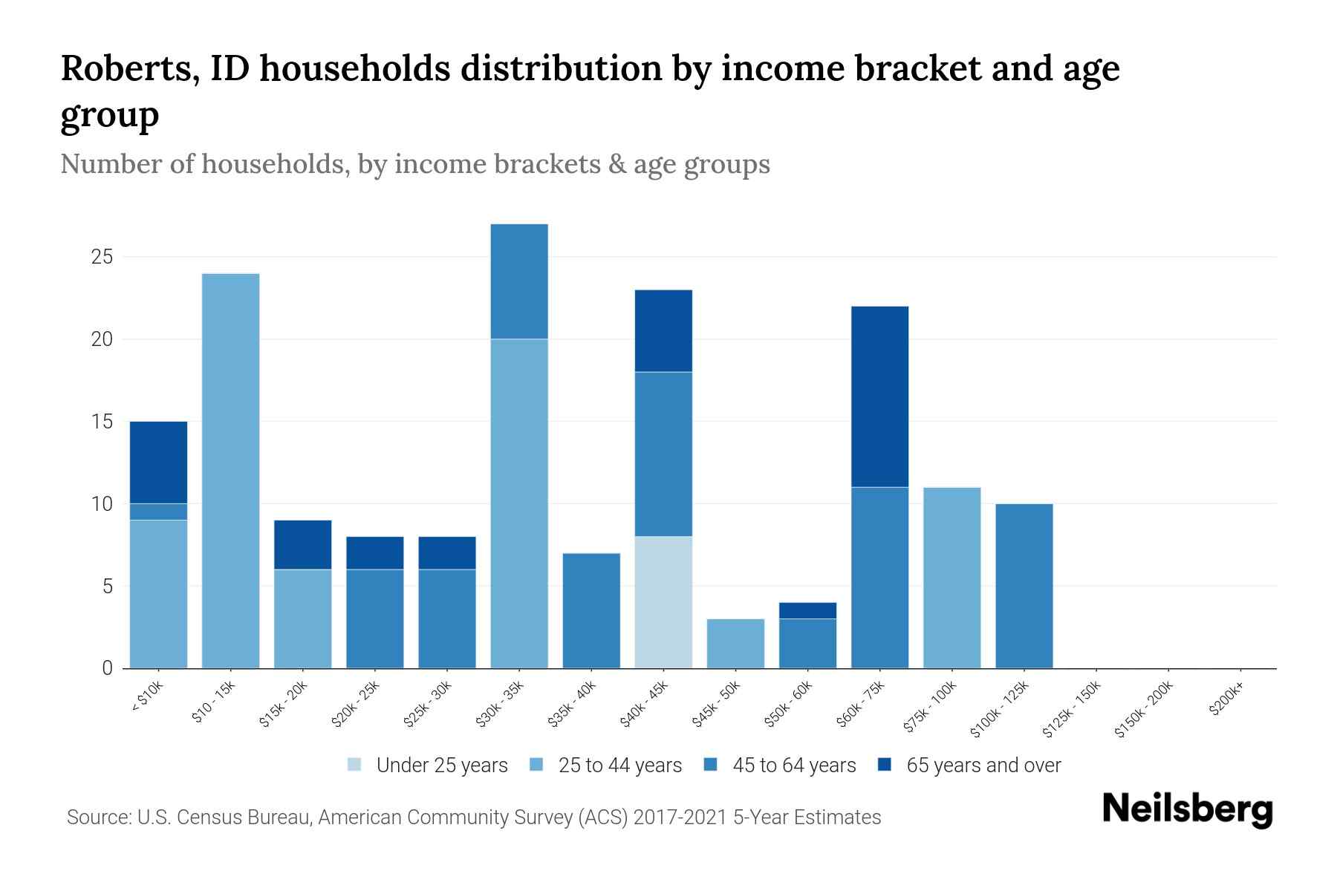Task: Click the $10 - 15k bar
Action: (230, 471)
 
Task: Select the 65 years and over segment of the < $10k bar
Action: (158, 462)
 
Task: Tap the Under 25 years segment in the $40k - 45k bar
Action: (663, 602)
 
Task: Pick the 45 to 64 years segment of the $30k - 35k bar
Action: (519, 281)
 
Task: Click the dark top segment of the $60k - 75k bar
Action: (879, 396)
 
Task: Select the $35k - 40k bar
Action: (591, 610)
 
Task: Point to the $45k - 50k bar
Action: (735, 643)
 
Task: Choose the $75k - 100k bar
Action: (951, 578)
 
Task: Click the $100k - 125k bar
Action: (1024, 586)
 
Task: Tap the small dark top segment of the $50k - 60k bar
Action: (807, 610)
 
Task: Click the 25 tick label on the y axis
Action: (102, 258)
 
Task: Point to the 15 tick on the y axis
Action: (102, 422)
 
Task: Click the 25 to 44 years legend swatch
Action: (537, 765)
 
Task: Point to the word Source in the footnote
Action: (97, 817)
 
